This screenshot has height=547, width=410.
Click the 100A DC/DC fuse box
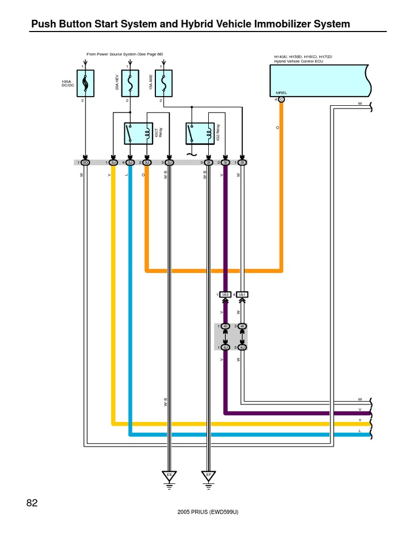(85, 83)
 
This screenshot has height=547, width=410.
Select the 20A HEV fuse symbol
(130, 83)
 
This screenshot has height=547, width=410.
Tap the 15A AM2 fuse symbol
(163, 83)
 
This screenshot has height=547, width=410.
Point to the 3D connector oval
(85, 162)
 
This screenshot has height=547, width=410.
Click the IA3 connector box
(225, 295)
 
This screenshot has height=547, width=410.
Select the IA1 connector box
(242, 295)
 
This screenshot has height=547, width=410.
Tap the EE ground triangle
(169, 475)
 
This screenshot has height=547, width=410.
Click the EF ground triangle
(208, 475)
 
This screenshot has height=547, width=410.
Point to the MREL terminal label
(281, 93)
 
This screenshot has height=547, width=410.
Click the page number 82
(32, 503)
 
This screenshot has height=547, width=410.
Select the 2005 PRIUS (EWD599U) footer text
(208, 512)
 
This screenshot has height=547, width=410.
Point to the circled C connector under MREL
(281, 99)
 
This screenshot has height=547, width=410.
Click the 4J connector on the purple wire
(225, 347)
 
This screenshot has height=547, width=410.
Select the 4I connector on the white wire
(242, 326)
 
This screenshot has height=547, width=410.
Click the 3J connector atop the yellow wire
(113, 162)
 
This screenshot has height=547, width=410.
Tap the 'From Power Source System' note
(124, 54)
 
